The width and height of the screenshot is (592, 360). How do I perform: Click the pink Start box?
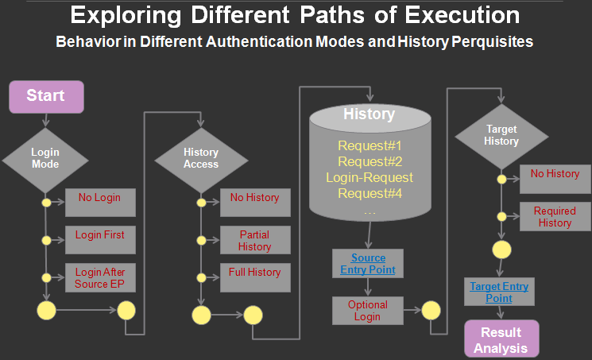click(x=46, y=96)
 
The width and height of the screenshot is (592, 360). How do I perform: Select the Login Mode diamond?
click(x=45, y=157)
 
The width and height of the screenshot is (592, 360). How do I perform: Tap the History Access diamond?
click(x=200, y=157)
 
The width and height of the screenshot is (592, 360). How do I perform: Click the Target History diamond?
click(x=501, y=135)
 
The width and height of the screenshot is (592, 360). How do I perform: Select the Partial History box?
click(x=254, y=240)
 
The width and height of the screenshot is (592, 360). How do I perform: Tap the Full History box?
click(x=254, y=277)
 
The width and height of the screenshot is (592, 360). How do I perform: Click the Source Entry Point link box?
click(x=368, y=264)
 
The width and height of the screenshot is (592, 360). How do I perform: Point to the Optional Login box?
click(x=368, y=311)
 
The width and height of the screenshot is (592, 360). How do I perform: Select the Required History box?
click(x=554, y=217)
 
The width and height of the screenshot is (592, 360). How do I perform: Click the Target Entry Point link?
click(x=499, y=292)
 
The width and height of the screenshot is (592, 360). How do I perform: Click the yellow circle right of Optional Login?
click(x=431, y=311)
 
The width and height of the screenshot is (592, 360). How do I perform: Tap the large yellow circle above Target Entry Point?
click(x=502, y=250)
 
